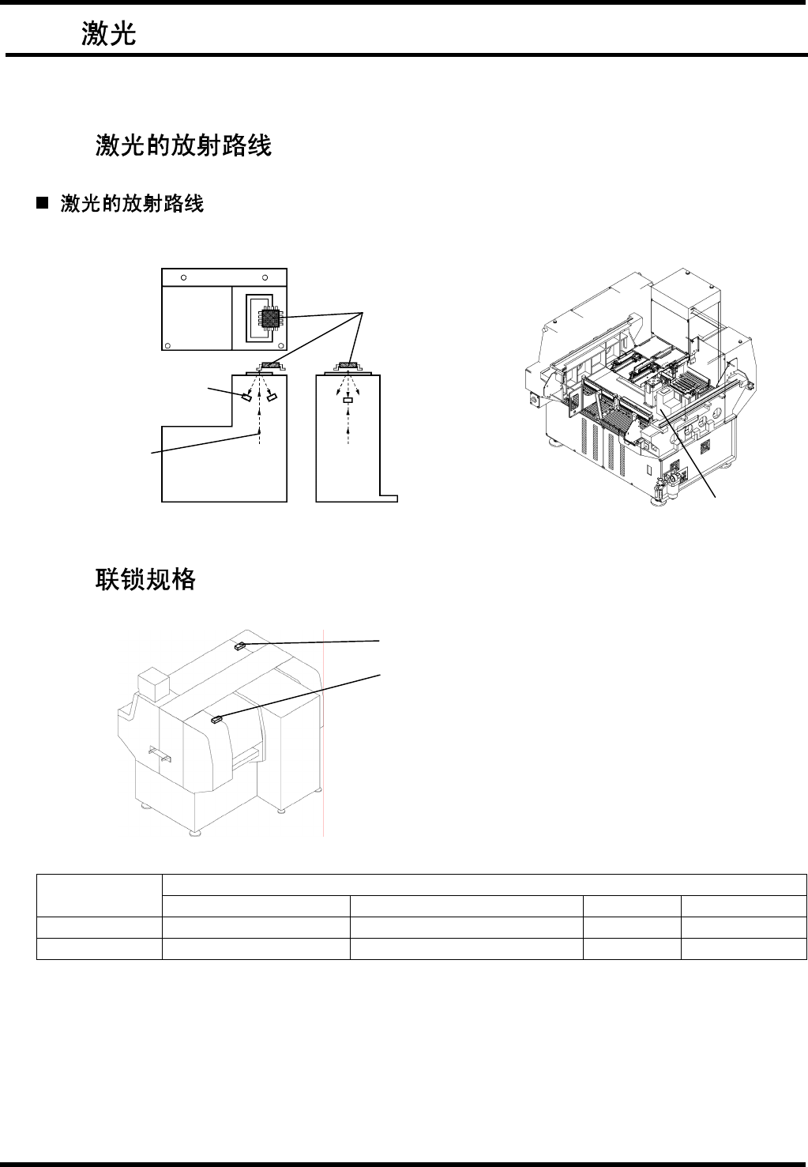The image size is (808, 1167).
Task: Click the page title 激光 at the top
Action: (110, 35)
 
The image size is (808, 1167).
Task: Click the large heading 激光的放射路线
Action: (184, 145)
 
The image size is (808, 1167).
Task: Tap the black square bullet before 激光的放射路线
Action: (42, 205)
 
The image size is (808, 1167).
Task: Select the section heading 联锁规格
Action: (146, 579)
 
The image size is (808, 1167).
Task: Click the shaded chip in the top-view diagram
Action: (271, 318)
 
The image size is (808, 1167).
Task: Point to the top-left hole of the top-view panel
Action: (184, 277)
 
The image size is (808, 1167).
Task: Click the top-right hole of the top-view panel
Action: (265, 277)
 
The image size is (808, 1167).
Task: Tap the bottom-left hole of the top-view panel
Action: (168, 344)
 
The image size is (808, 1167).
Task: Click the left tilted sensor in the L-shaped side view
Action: (246, 397)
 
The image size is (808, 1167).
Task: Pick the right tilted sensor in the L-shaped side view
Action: (272, 397)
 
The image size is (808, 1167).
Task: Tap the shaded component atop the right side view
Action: (348, 365)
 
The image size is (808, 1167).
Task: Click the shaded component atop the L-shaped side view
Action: (269, 365)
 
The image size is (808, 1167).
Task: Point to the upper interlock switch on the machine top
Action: (241, 646)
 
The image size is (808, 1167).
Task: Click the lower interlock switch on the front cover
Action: (216, 719)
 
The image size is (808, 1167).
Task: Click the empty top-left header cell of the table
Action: (99, 894)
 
